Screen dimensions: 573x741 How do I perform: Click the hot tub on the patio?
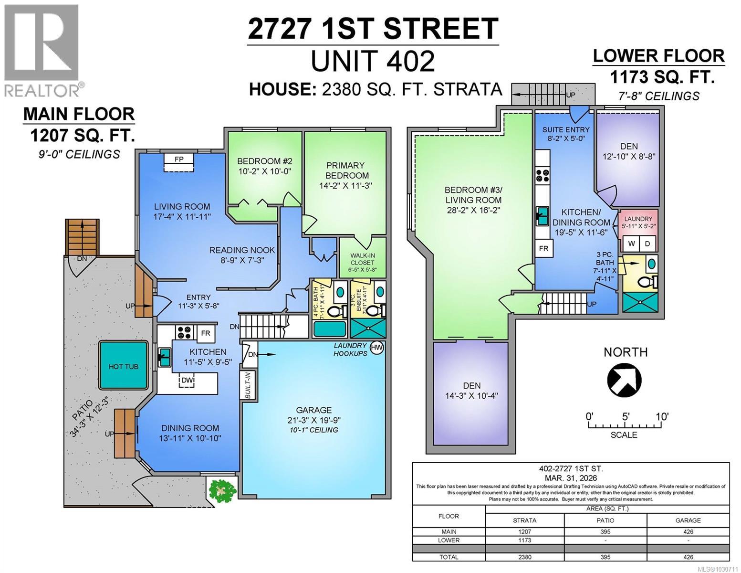[x=123, y=366]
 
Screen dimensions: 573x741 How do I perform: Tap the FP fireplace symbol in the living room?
[x=179, y=159]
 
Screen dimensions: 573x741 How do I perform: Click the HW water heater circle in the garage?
[x=376, y=348]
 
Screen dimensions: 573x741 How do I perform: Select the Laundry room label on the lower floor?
[x=638, y=222]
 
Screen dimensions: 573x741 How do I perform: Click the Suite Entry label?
[x=566, y=134]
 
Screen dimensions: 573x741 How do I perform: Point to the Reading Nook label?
[x=242, y=255]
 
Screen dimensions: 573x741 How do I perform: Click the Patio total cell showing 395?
[x=605, y=557]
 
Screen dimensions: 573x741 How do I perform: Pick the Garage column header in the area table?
[x=688, y=520]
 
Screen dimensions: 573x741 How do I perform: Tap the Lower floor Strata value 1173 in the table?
[x=524, y=540]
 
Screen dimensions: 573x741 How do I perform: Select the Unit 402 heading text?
[x=372, y=61]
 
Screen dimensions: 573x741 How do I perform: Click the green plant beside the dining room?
[x=222, y=489]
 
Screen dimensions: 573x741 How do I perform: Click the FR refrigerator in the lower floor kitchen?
[x=543, y=248]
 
